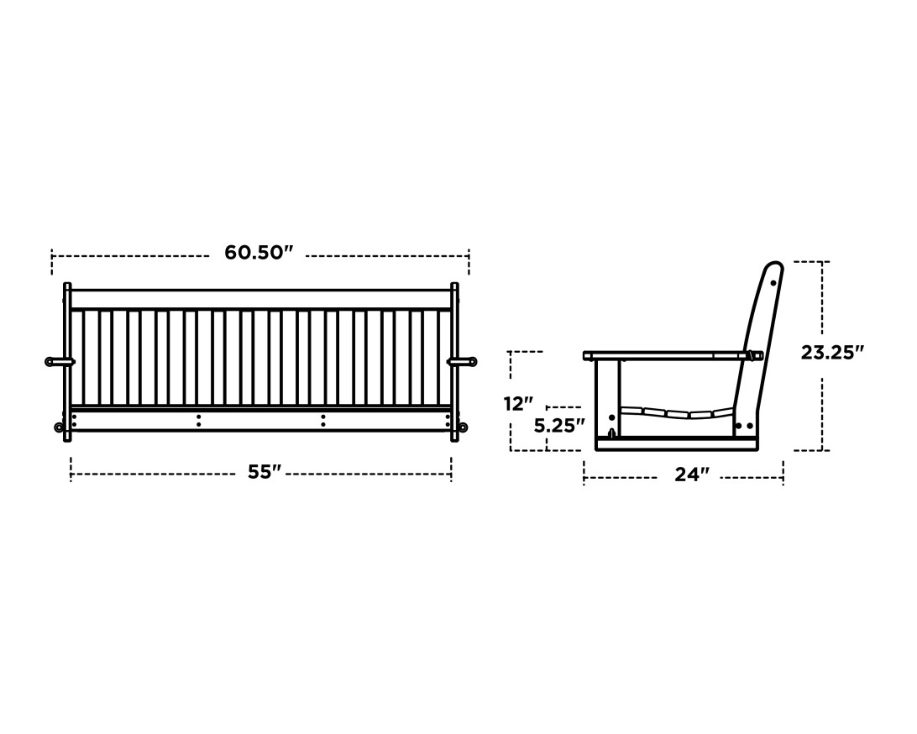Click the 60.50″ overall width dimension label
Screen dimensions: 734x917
click(259, 253)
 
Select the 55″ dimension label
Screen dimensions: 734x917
click(264, 473)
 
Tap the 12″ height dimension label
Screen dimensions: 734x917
click(518, 404)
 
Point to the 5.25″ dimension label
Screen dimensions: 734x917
click(559, 426)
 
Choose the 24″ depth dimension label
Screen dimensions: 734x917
click(692, 475)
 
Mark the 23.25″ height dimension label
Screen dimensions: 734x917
click(831, 353)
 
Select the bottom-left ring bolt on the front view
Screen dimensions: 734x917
click(59, 427)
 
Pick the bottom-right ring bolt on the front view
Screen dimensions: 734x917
click(463, 427)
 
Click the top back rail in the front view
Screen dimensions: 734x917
click(261, 299)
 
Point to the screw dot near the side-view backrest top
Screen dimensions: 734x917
click(773, 283)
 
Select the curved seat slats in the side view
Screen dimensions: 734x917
click(676, 412)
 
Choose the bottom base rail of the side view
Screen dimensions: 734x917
click(676, 444)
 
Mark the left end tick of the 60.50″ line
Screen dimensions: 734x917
click(52, 262)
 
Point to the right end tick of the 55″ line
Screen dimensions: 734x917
click(451, 469)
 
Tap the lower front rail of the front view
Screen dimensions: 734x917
click(261, 420)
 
